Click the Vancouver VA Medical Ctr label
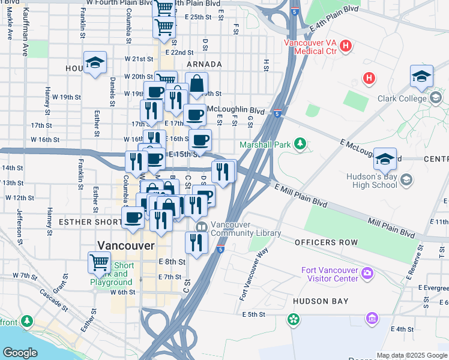[x=310, y=47]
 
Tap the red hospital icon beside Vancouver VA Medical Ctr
[x=346, y=46]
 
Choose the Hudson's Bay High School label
[x=372, y=181]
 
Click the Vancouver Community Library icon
[x=200, y=227]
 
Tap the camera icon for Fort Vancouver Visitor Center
[x=367, y=274]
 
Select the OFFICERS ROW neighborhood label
[x=326, y=242]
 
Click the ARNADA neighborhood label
[x=204, y=64]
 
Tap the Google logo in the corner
[x=20, y=352]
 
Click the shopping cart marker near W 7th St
[x=99, y=262]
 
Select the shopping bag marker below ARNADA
[x=196, y=83]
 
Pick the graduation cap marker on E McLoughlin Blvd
[x=385, y=158]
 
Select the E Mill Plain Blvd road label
[x=301, y=196]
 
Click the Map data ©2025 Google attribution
[x=412, y=355]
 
